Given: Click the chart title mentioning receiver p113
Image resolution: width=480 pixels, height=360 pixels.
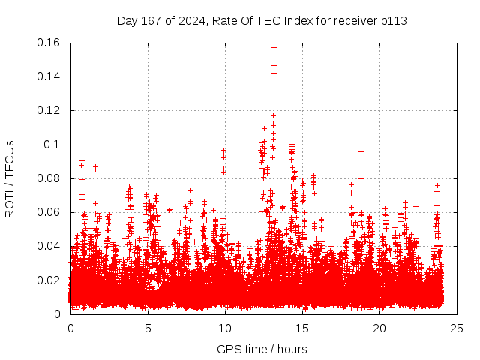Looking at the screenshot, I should pos(262,20).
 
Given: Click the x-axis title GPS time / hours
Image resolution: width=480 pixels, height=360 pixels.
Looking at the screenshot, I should pos(262,349).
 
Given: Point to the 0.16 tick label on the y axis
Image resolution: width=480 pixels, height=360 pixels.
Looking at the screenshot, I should pos(49,43).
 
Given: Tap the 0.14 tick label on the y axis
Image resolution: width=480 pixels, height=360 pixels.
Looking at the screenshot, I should pos(49,76).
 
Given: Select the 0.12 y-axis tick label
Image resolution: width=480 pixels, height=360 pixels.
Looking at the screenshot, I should pos(49,110).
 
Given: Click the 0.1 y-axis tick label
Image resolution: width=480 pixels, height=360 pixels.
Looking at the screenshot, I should pos(52,145).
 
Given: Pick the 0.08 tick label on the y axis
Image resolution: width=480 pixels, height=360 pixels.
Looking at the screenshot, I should pos(49,178).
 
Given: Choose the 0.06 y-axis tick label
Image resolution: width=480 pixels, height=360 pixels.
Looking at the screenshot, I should pos(49,212).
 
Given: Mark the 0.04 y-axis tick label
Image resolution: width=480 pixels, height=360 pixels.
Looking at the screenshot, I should pos(49,246).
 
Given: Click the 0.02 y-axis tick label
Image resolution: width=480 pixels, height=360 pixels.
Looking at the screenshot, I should pos(49,280).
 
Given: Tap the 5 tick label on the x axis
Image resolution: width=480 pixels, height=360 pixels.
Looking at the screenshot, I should pos(148,328).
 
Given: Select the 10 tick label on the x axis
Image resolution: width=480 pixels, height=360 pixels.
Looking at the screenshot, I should pos(225,328).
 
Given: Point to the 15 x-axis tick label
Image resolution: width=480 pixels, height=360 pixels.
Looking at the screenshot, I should pos(302,328).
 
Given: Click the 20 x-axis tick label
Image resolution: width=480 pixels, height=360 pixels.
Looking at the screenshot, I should pos(379,328).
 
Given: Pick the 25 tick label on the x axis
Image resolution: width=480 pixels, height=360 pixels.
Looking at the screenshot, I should pos(457,328).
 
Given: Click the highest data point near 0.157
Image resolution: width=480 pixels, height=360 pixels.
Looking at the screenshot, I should pos(274,48).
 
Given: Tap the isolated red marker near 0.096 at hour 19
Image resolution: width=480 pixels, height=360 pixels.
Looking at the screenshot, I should pos(361,151).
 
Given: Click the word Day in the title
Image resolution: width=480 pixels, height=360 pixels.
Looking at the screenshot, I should pos(127,20).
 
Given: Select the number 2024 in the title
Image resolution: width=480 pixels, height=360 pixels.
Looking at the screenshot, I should pos(193,20).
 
